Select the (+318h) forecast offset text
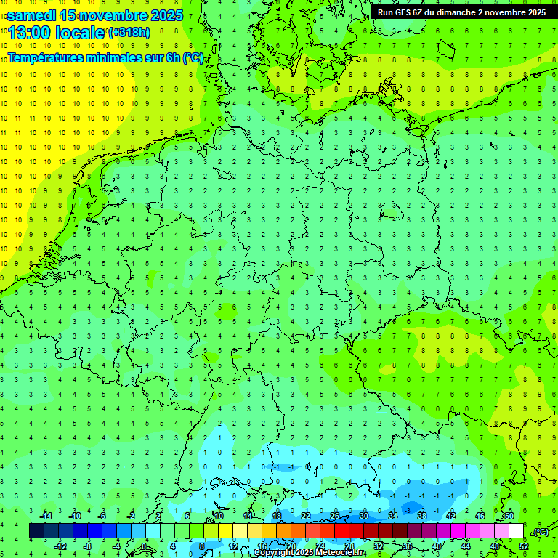[x=129, y=33]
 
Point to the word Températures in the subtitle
[x=44, y=57]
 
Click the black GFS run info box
[x=463, y=12]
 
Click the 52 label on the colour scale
[x=524, y=546]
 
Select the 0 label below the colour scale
[x=145, y=546]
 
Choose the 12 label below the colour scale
[x=232, y=546]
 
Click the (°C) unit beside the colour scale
[x=540, y=532]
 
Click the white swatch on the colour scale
[x=516, y=531]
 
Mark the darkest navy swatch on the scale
[x=36, y=531]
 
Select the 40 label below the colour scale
[x=436, y=546]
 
